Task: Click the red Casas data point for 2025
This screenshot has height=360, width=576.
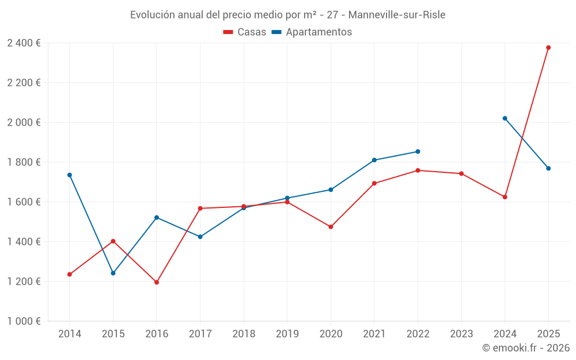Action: (548, 48)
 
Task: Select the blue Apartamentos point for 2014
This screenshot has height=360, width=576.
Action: (70, 175)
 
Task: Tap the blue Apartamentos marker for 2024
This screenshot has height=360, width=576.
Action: (505, 119)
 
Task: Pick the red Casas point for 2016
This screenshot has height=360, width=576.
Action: (157, 282)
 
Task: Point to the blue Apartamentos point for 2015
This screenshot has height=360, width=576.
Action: (113, 273)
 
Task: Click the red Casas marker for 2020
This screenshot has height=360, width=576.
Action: (331, 227)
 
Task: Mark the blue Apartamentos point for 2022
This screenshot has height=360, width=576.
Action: (418, 151)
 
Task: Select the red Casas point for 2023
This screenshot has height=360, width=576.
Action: (461, 173)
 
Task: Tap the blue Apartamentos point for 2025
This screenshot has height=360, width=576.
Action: (548, 168)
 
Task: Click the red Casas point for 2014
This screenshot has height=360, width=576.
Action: (70, 274)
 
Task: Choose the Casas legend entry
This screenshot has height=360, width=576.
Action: (245, 32)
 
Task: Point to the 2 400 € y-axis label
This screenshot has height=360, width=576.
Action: (24, 43)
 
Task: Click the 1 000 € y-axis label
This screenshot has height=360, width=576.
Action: (24, 321)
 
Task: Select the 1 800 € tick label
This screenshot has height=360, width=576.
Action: (24, 162)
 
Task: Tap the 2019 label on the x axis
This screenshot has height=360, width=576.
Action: (287, 334)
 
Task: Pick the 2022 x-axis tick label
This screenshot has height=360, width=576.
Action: (418, 334)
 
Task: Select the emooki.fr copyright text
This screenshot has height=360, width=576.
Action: (526, 348)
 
